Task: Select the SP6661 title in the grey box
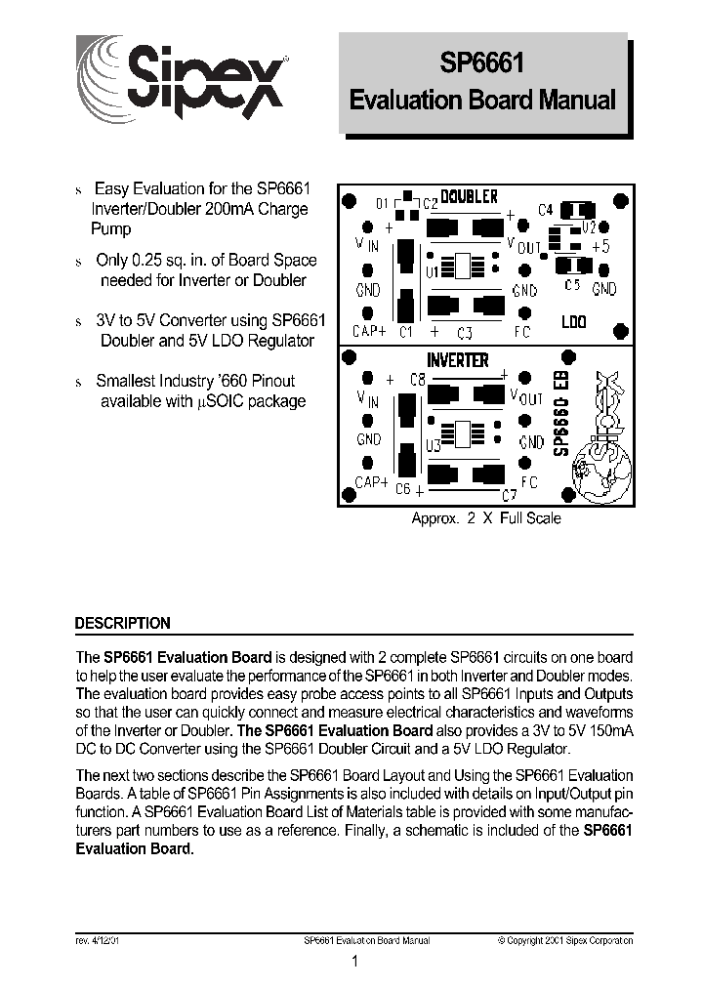click(x=482, y=65)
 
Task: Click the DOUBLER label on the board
click(x=469, y=197)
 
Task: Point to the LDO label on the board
click(x=574, y=320)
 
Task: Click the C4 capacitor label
click(x=546, y=210)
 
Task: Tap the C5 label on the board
click(x=573, y=286)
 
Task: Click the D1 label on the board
click(x=383, y=204)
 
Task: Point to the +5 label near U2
click(x=600, y=247)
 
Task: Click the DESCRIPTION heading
click(x=123, y=623)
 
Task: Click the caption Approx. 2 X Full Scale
click(x=485, y=518)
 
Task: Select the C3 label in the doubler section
click(x=465, y=332)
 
